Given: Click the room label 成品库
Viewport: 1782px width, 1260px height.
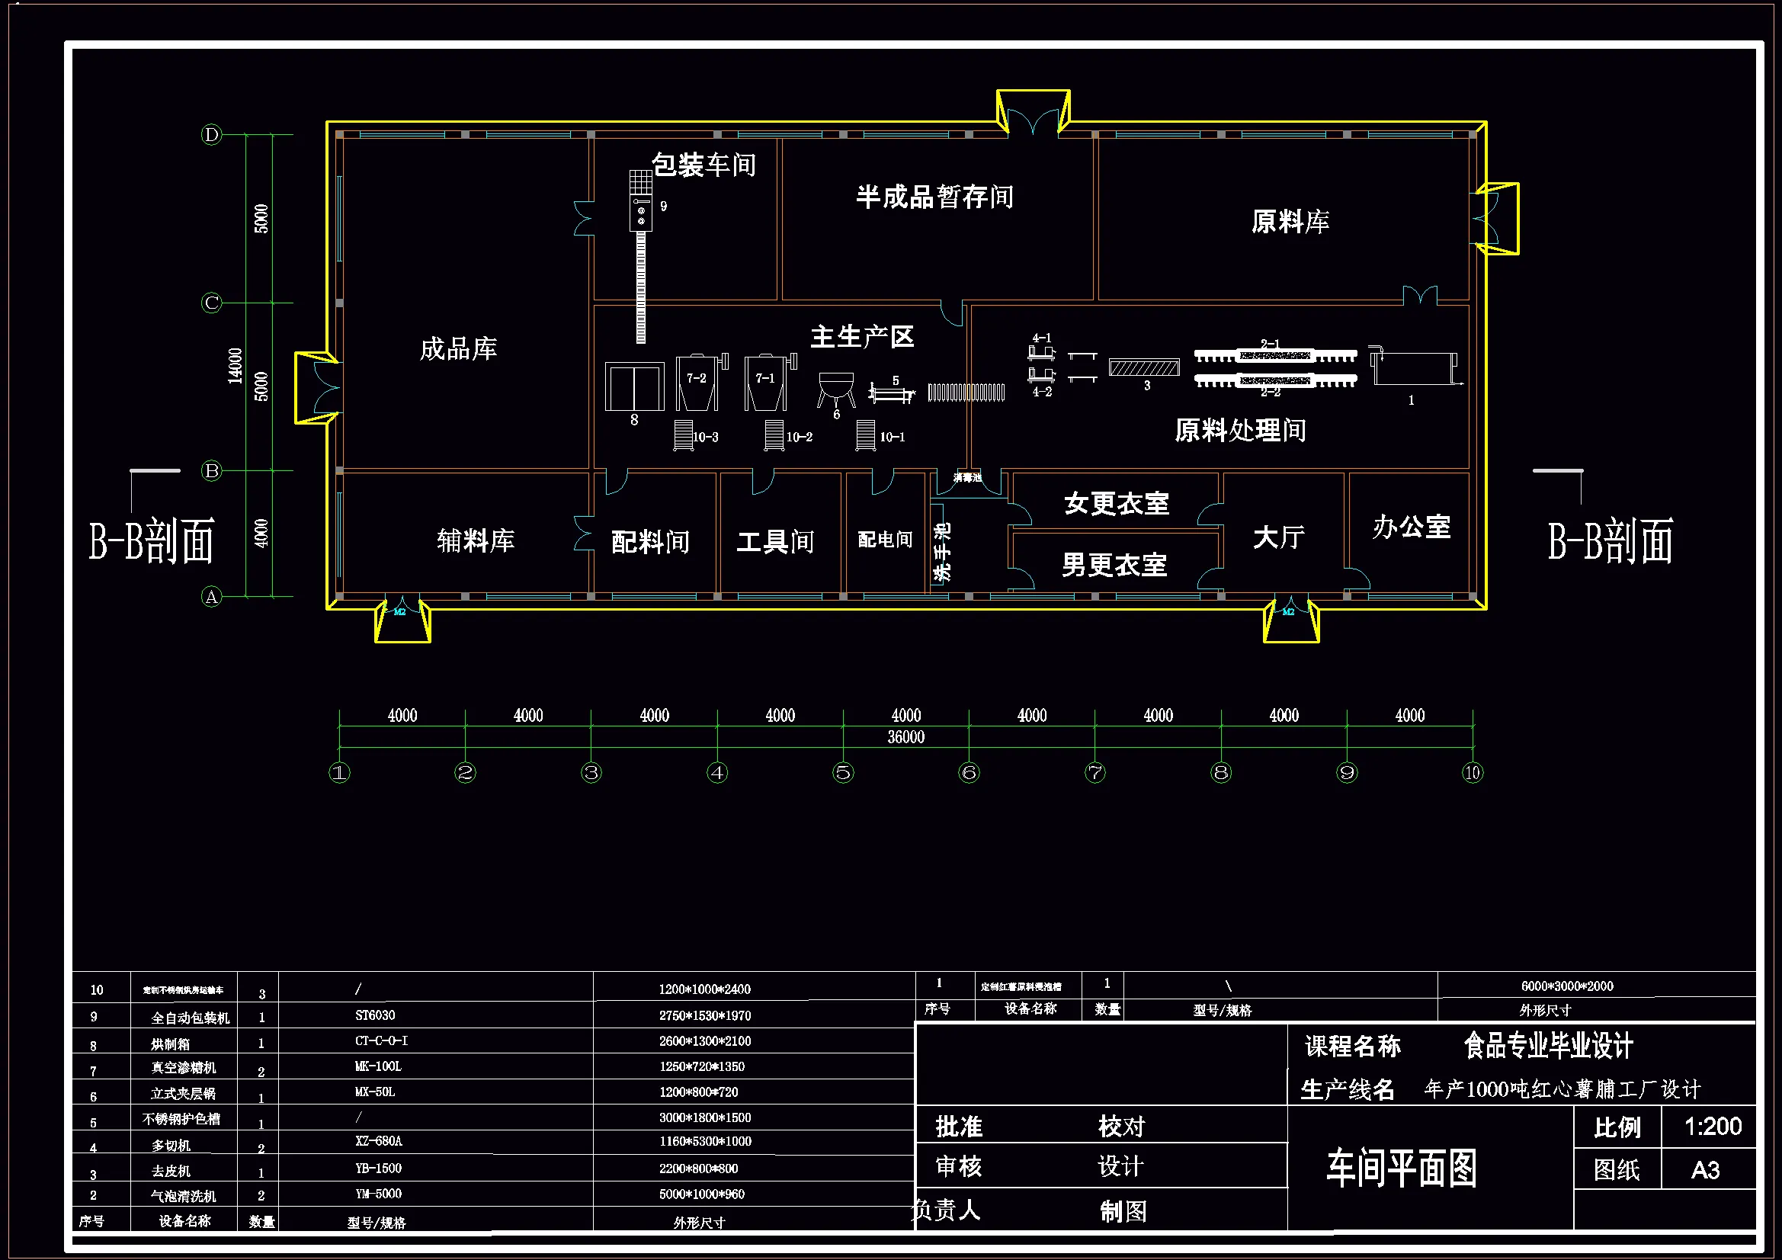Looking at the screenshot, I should pos(458,348).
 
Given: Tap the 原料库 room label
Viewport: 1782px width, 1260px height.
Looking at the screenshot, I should pos(1290,222).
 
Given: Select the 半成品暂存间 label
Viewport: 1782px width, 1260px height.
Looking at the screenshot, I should pos(934,197).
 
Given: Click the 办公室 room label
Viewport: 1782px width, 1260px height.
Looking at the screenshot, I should pos(1411,527).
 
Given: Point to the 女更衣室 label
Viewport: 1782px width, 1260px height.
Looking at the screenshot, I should pos(1116,503).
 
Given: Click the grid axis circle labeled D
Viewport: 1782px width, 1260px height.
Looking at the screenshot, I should pos(211,135).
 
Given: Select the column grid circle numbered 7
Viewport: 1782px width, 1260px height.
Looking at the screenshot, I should pos(1095,772).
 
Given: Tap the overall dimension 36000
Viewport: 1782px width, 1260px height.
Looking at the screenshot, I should pos(905,737).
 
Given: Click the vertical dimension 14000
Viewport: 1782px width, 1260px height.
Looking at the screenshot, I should pos(235,366).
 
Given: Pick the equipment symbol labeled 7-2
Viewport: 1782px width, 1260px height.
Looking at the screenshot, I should pos(697,382).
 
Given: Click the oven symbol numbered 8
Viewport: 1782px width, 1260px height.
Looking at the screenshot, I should pos(634,386).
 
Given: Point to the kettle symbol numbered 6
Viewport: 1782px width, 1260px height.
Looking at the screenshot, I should pos(836,387).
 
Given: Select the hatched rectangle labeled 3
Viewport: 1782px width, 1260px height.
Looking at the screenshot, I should pos(1143,367).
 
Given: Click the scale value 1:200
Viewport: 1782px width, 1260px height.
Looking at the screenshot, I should pos(1712,1126).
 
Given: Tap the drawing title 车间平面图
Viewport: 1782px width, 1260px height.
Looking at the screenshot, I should pos(1401,1169).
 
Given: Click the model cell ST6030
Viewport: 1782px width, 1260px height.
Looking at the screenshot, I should pos(375,1015).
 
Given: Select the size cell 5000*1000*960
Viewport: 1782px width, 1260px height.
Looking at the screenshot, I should pos(702,1194).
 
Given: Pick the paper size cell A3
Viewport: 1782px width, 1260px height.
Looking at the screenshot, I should pos(1705,1170).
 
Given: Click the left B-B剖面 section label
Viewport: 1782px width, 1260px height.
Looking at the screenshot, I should pos(152,541).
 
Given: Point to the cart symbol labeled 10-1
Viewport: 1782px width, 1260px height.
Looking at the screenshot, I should pos(865,434).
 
